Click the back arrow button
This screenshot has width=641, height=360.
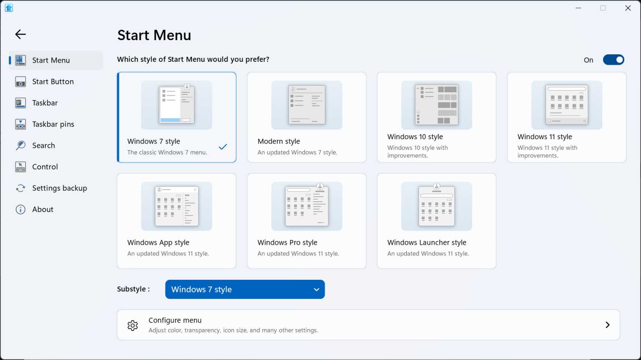coord(20,34)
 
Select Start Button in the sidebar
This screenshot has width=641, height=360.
coord(53,81)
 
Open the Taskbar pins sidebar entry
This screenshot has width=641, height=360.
coord(53,124)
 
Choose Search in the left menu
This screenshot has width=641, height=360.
coord(43,145)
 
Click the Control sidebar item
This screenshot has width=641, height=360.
coord(45,167)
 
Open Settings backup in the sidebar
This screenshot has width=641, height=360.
coord(59,188)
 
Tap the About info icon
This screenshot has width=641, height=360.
coord(20,209)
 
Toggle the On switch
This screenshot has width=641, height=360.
coord(613,60)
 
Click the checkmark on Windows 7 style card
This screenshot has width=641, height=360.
coord(223,147)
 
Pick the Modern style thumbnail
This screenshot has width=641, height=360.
coord(307,105)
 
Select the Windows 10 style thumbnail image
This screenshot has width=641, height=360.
coord(437,105)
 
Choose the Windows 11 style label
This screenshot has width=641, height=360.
coord(545,137)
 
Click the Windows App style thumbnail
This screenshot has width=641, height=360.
coord(177,206)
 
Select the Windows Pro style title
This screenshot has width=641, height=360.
coord(287,242)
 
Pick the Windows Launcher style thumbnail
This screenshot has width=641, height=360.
coord(437,206)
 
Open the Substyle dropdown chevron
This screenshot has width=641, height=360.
coord(316,289)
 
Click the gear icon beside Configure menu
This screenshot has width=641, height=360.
coord(133,325)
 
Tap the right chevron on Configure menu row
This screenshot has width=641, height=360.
coord(608,325)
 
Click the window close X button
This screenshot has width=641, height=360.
coord(628,8)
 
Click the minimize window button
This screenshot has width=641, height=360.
coord(578,8)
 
